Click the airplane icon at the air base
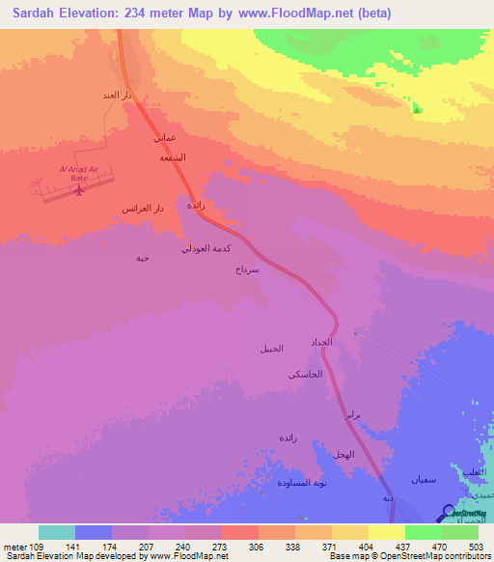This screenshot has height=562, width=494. [x=78, y=190]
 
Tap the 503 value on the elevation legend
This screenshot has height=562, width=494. [x=476, y=545]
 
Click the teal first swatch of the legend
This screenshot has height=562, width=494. [x=56, y=532]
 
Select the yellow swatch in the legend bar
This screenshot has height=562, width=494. [x=386, y=532]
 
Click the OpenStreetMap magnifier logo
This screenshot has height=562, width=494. [x=450, y=513]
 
